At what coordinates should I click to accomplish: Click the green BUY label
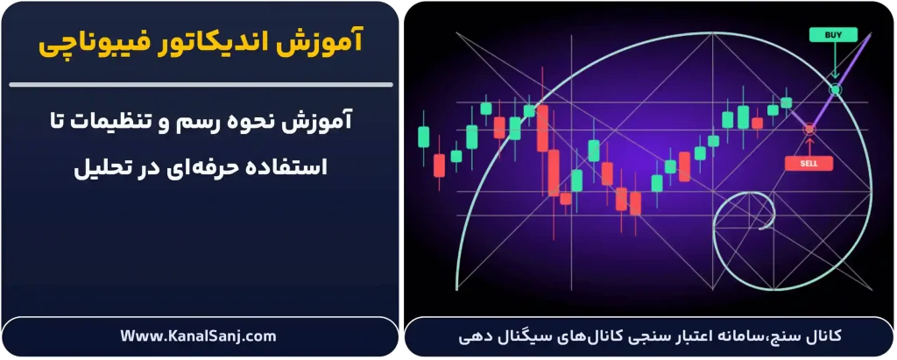(834, 36)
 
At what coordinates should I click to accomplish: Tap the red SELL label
(809, 163)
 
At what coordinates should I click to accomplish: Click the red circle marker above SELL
(809, 129)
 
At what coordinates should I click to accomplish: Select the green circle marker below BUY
(835, 89)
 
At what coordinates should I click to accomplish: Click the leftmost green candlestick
(423, 137)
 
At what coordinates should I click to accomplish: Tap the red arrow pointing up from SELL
(809, 145)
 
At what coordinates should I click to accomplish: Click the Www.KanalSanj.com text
(200, 335)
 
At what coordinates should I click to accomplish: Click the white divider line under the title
(200, 84)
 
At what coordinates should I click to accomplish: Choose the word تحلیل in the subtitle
(104, 166)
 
